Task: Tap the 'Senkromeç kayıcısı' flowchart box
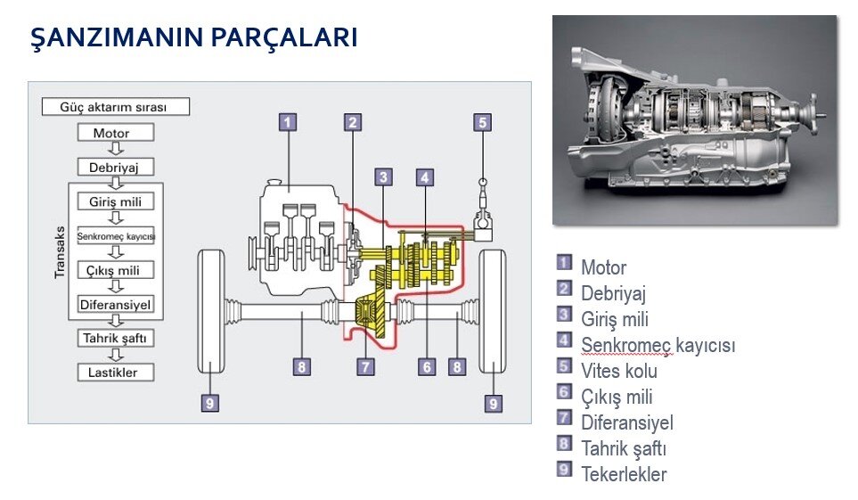click(x=116, y=236)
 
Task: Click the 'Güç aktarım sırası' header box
click(x=116, y=107)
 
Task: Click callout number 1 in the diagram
click(x=287, y=123)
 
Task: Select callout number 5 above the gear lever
click(x=483, y=123)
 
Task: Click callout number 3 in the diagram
click(x=384, y=176)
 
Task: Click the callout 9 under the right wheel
click(x=494, y=403)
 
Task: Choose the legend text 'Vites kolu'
click(x=618, y=371)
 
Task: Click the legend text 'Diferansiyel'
click(x=626, y=422)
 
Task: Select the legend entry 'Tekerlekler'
click(x=623, y=474)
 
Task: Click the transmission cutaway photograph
click(x=694, y=119)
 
